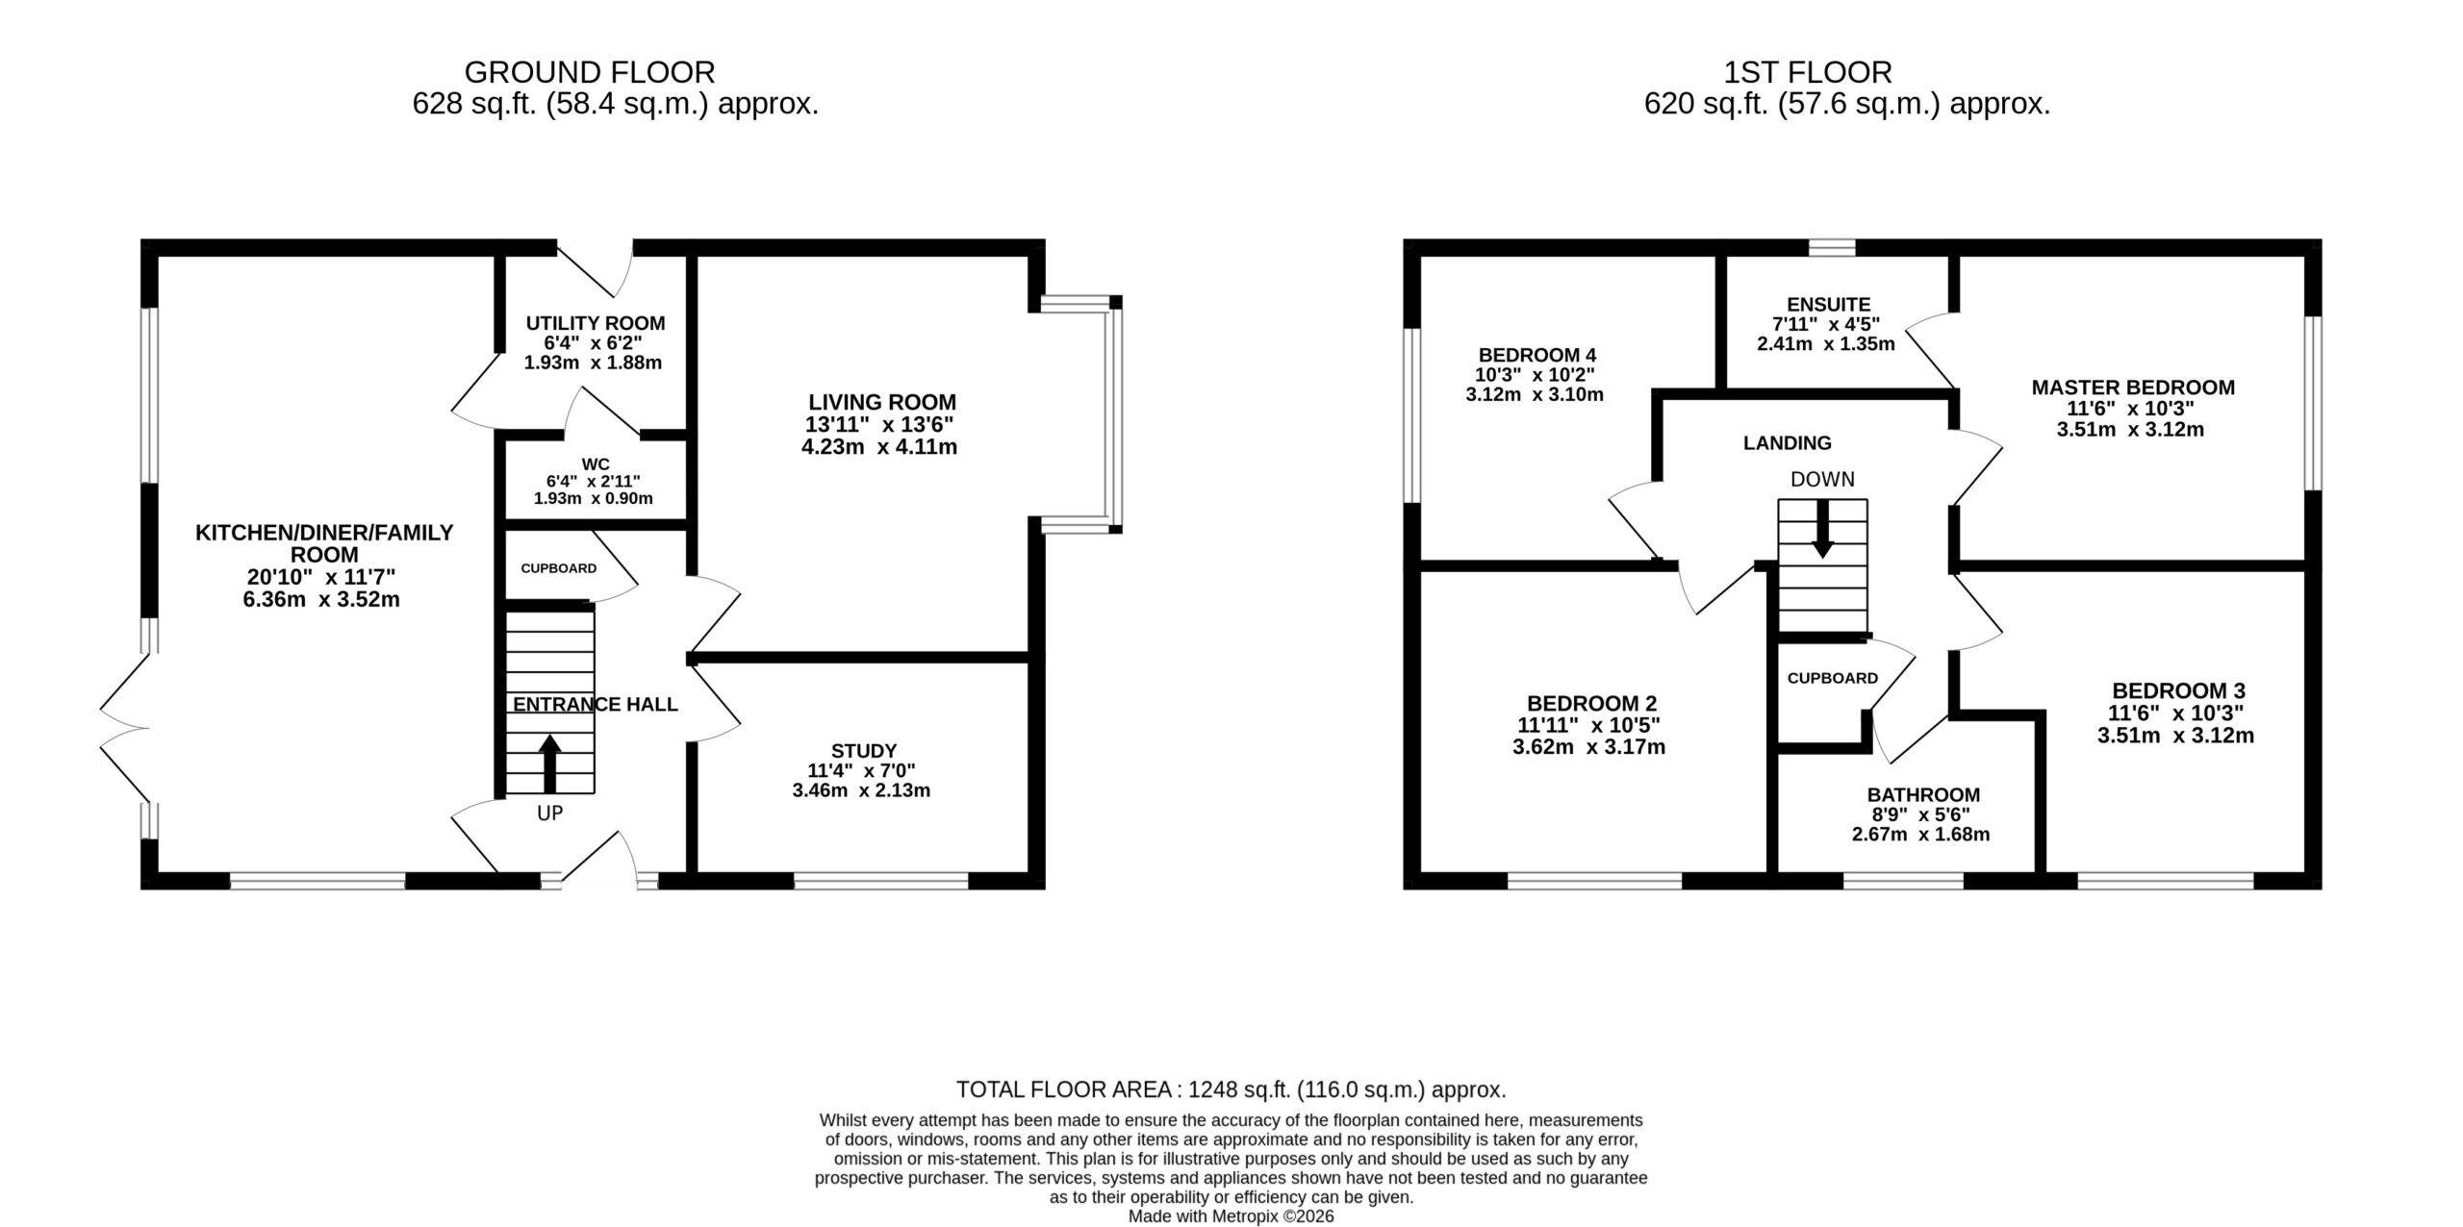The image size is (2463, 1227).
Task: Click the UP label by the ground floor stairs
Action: coord(549,814)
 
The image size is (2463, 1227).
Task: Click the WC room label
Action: coord(596,464)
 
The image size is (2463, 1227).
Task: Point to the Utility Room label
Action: coord(596,323)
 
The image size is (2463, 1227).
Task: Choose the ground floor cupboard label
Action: coord(559,568)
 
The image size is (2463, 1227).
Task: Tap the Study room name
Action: coord(864,750)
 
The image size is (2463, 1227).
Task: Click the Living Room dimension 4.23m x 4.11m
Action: coord(879,446)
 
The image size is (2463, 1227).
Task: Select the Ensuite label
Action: coord(1829,305)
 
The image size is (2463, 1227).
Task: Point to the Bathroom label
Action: coord(1923,794)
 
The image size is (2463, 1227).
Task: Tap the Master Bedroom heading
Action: coord(2133,388)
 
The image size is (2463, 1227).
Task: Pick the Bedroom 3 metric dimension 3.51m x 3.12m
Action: coord(2175,736)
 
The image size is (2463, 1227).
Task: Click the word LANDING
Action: coord(1788,443)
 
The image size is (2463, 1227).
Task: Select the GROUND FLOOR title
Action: coord(590,72)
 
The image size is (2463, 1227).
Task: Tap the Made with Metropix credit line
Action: coord(1231,1216)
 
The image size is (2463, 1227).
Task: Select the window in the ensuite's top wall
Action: coord(1831,247)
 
